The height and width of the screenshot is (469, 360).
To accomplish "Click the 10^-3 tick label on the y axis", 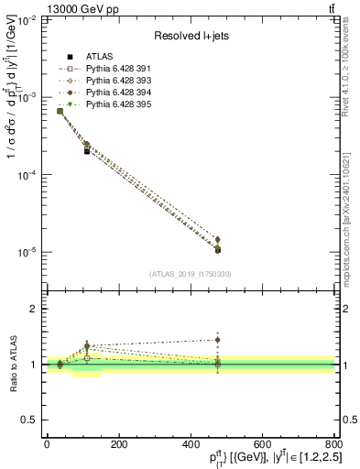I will (27, 97).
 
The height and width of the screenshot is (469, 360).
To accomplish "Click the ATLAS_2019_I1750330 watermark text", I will (189, 274).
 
